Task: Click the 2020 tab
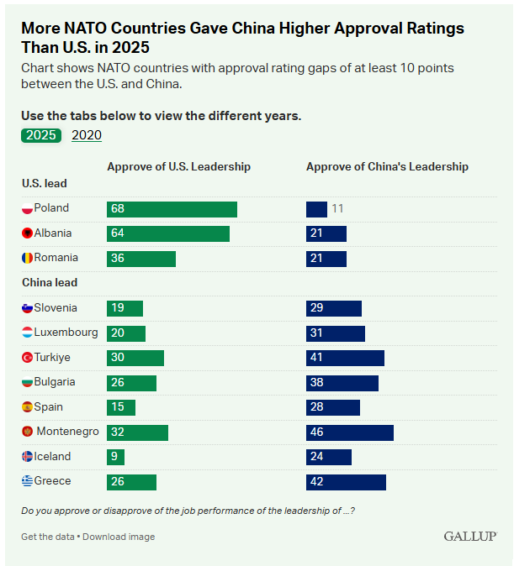coord(87,134)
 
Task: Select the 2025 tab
coord(41,134)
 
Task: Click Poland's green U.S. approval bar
coord(172,209)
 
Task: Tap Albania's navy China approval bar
coord(326,233)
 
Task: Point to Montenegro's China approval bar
coord(349,432)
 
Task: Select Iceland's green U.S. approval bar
coord(115,457)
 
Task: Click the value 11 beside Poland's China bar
coord(337,208)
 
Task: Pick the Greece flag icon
coord(27,482)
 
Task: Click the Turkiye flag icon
coord(27,358)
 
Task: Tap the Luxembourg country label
coord(66,333)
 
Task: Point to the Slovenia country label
coord(56,308)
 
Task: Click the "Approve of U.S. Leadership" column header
coord(178,167)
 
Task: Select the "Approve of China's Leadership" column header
coord(387,167)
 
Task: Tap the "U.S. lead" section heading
coord(45,183)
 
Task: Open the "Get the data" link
coord(47,537)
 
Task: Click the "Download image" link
coord(119,537)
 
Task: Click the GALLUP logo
coord(470,536)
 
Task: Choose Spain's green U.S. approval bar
coord(121,407)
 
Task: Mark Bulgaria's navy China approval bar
coord(342,383)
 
